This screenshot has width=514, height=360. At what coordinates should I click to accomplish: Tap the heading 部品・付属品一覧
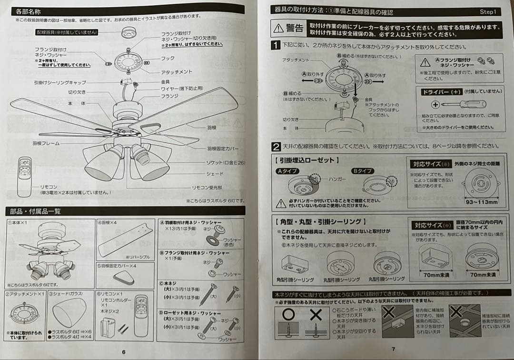(33, 211)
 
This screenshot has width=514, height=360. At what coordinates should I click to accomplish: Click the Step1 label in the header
(487, 11)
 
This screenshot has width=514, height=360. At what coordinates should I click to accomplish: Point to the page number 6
(124, 352)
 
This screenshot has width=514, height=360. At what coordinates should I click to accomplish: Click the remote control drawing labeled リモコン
(24, 176)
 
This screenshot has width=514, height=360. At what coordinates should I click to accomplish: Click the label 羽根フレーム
(46, 142)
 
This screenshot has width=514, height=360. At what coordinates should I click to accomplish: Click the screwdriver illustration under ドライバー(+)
(460, 104)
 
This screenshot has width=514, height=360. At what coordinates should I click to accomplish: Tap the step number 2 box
(276, 147)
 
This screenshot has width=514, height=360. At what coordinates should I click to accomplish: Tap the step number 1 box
(276, 46)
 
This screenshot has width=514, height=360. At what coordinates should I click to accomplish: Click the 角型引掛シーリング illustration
(295, 264)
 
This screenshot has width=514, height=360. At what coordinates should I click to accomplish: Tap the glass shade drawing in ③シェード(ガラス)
(70, 316)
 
